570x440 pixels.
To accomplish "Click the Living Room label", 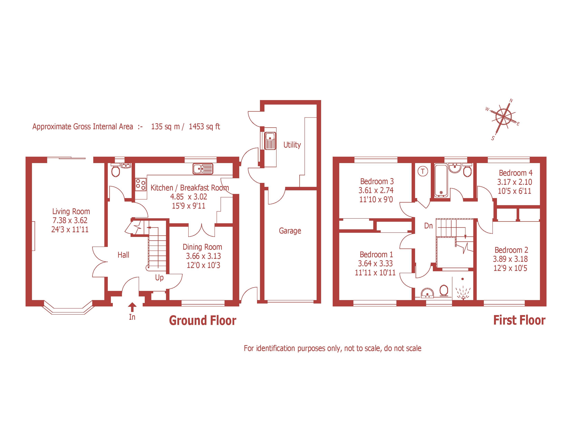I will pos(71,211).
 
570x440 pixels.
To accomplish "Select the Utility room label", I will pos(292,145).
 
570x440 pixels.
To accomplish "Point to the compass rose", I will pos(503,116).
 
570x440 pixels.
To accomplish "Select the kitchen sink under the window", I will pos(203,169).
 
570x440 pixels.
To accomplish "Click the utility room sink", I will pos(270,141).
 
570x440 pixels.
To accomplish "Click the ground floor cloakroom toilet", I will pos(115,171).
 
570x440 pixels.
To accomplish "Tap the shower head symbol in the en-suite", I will pos(462,293).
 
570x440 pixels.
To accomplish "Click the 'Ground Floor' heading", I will pos(203,320).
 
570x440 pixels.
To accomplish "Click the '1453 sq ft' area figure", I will pos(204,127).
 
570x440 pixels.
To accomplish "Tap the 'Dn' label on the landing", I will pos(428,226).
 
